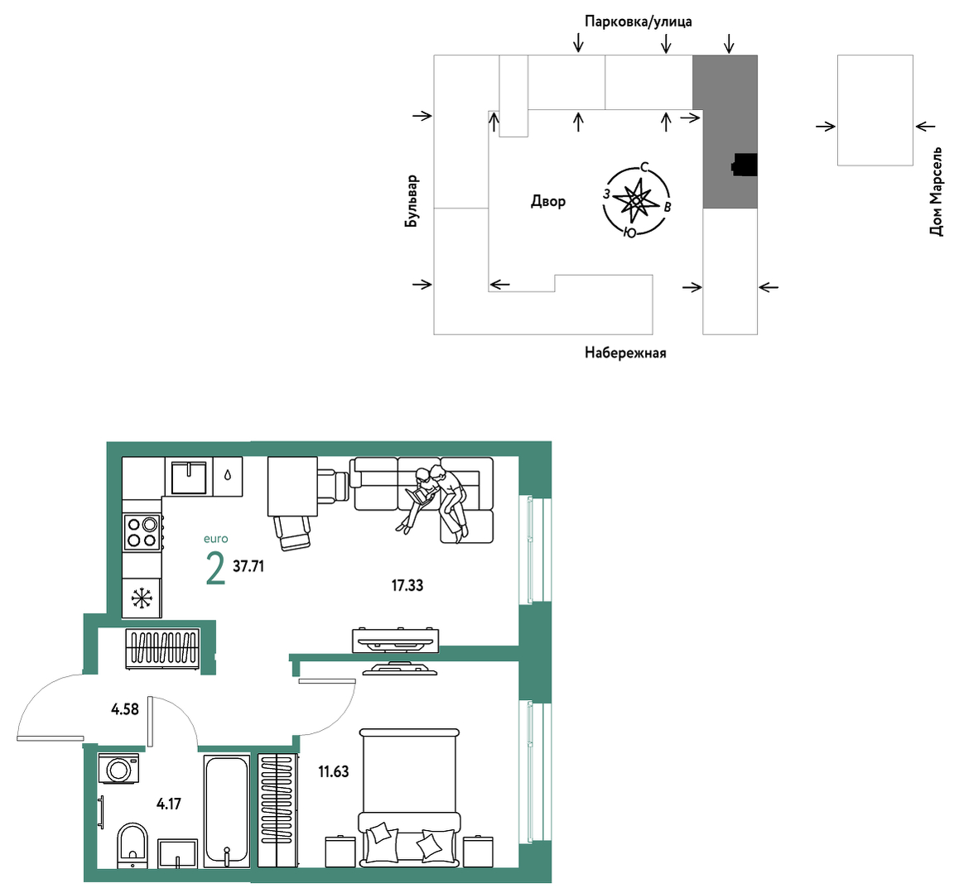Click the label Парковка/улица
pyautogui.click(x=638, y=22)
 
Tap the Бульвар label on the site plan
pyautogui.click(x=412, y=201)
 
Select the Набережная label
pyautogui.click(x=625, y=353)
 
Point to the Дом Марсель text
pyautogui.click(x=936, y=190)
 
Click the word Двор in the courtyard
pyautogui.click(x=548, y=201)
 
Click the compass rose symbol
pyautogui.click(x=636, y=200)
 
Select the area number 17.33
pyautogui.click(x=407, y=586)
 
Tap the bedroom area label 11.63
pyautogui.click(x=333, y=771)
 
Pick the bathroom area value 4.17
pyautogui.click(x=169, y=804)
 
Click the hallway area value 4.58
pyautogui.click(x=125, y=709)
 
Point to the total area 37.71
pyautogui.click(x=248, y=566)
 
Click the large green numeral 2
pyautogui.click(x=215, y=569)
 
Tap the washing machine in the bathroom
pyautogui.click(x=118, y=768)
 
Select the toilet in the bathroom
pyautogui.click(x=133, y=845)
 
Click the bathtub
pyautogui.click(x=227, y=811)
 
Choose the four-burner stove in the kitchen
pyautogui.click(x=142, y=532)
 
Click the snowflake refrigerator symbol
pyautogui.click(x=142, y=598)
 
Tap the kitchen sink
pyautogui.click(x=189, y=477)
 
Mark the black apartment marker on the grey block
pyautogui.click(x=745, y=165)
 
